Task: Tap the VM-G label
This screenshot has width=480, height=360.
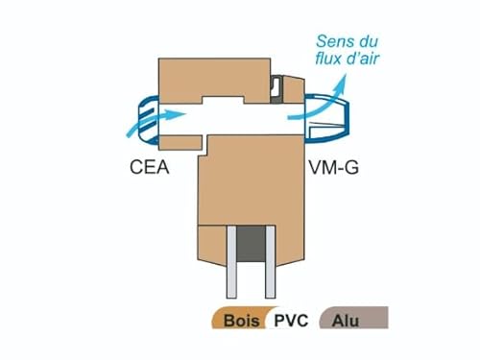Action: pos(333,166)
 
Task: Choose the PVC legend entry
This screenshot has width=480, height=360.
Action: pos(290,322)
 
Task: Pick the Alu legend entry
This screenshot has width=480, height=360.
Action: pos(348,322)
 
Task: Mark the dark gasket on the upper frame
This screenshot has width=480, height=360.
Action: pos(275,88)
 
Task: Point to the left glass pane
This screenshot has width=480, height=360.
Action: pos(231,264)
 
